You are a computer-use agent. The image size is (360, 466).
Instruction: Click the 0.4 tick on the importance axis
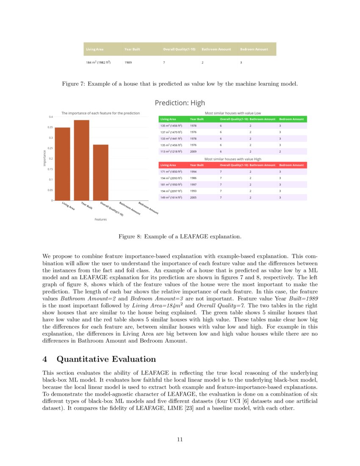pos(50,116)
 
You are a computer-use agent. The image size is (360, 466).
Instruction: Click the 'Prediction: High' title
pos(180,103)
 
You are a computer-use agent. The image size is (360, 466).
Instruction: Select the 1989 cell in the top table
pos(128,62)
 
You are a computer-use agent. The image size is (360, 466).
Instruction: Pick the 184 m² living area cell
pos(98,62)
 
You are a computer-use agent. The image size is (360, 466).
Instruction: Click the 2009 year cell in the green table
pos(193,151)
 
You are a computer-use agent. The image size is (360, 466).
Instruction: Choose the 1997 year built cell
pos(193,184)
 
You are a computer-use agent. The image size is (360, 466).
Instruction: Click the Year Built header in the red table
pos(197,165)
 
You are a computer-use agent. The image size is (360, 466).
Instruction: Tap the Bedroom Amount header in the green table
pos(291,119)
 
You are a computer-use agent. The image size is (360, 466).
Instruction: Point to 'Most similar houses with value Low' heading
pos(233,113)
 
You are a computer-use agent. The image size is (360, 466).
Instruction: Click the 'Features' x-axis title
pos(100,219)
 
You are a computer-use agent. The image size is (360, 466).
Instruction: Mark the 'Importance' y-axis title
pos(44,158)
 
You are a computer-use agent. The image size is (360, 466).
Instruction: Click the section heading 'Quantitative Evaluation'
pos(106,359)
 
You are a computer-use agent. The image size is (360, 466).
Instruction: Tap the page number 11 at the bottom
pos(180,439)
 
